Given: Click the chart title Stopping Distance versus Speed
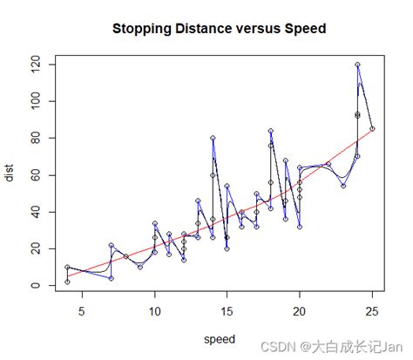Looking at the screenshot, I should click(x=219, y=29).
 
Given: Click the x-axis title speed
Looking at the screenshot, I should click(x=219, y=338).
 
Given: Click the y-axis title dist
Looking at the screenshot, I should click(x=10, y=174).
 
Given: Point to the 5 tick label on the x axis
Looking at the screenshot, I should click(x=82, y=308).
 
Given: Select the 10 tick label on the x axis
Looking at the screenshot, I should click(x=154, y=308).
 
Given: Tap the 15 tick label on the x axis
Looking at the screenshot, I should click(x=227, y=308).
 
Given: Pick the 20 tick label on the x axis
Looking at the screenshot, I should click(x=300, y=308).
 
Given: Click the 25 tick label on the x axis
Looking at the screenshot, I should click(x=372, y=308).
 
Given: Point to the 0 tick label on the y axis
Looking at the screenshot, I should click(x=37, y=286).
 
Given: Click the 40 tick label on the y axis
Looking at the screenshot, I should click(x=37, y=212).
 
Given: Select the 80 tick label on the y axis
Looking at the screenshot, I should click(x=37, y=138).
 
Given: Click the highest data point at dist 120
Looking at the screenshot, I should click(x=357, y=65).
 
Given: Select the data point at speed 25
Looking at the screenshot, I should click(x=372, y=129).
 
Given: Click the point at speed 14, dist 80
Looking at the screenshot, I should click(x=213, y=138).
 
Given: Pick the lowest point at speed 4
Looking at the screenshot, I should click(x=67, y=282).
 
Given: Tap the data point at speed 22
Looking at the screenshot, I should click(x=328, y=164).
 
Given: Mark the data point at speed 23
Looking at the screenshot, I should click(x=343, y=186).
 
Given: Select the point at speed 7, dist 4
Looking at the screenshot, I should click(x=111, y=278).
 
